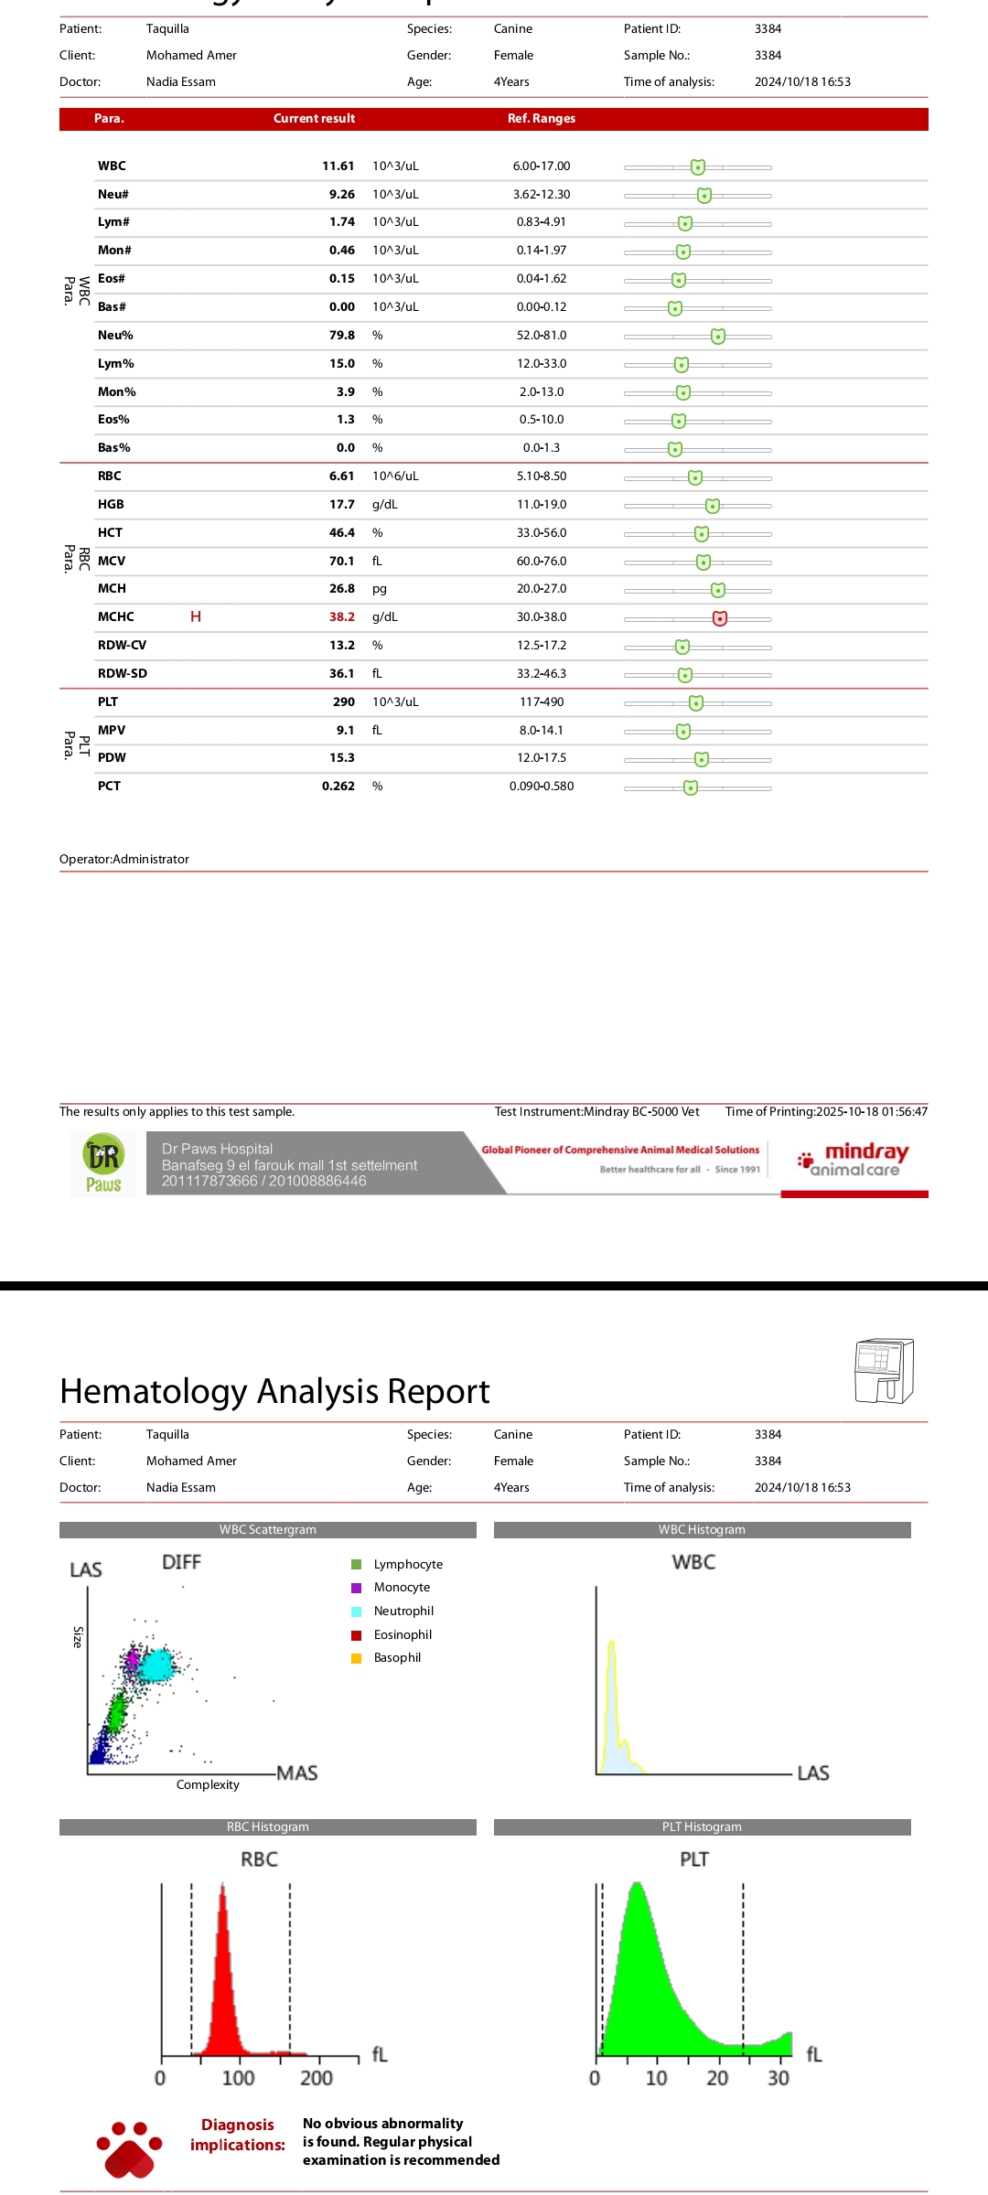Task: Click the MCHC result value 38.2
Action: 342,617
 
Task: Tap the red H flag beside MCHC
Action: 196,617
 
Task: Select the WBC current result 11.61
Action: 338,166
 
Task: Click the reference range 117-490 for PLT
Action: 542,702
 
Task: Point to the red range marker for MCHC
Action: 720,619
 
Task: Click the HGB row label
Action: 111,505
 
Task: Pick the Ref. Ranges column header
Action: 542,119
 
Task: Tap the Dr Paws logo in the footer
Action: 103,1164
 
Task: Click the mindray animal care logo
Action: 854,1160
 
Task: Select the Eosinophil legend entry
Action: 402,1635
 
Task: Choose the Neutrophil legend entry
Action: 403,1611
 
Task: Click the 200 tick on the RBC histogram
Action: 317,2079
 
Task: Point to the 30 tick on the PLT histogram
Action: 779,2079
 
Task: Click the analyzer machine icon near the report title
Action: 884,1370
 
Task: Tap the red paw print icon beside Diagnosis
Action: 129,2149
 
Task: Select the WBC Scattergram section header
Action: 267,1530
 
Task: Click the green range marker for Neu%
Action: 718,337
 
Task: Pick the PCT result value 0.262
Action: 338,787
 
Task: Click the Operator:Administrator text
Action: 124,860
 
